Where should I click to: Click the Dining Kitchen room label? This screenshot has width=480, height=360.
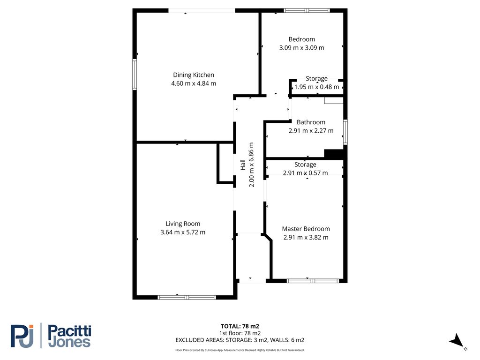tap(194, 75)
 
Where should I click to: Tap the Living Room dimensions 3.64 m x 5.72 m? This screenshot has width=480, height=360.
tap(183, 232)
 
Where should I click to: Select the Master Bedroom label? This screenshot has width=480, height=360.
tap(306, 229)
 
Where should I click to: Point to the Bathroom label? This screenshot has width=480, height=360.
tap(311, 122)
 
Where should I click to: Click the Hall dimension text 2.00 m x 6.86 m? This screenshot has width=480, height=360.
tap(251, 165)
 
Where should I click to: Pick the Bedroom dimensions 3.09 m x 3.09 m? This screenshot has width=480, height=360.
tap(301, 48)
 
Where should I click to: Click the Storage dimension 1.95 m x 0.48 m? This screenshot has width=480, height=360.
tap(316, 87)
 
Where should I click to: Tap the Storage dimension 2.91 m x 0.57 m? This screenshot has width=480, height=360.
tap(305, 173)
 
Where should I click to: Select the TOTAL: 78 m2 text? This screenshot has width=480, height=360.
tap(240, 326)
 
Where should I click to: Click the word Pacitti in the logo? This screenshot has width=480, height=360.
tap(70, 331)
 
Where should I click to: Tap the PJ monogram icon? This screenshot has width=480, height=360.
tap(22, 336)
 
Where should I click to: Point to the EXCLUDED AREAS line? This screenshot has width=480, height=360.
tap(240, 340)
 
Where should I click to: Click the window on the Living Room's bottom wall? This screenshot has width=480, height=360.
tap(187, 297)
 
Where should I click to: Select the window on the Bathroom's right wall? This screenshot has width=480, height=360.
tap(345, 132)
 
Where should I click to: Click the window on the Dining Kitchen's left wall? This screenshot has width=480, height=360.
tap(135, 75)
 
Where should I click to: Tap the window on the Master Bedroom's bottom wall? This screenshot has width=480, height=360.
tap(313, 281)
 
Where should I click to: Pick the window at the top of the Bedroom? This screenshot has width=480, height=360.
tap(307, 10)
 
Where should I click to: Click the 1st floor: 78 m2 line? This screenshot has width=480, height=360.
tap(240, 333)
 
